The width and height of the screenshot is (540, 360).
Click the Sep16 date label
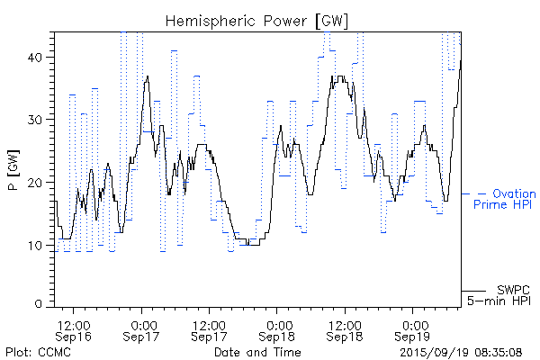[74, 337]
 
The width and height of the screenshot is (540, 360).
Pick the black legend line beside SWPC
[475, 290]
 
